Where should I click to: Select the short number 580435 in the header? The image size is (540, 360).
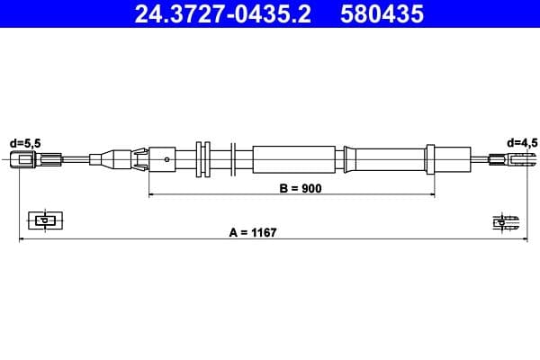[x=381, y=13]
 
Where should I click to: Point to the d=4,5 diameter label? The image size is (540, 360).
[x=521, y=141]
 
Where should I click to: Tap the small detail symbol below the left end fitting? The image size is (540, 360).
[x=42, y=219]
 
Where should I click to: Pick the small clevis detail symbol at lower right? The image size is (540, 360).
[x=504, y=221]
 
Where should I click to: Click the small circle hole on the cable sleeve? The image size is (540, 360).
[x=168, y=160]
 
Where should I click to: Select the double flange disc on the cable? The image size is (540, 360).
[x=202, y=160]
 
